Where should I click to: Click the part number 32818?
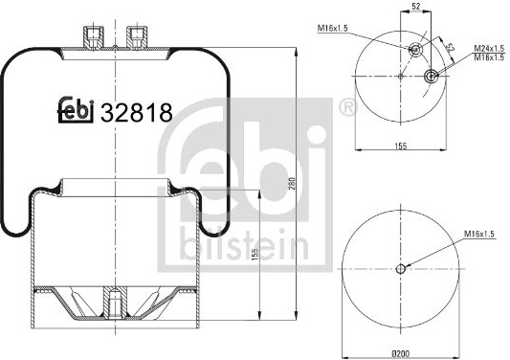(137, 113)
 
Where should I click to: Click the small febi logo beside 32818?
(76, 110)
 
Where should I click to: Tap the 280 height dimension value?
(292, 184)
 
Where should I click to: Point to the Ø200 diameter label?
(401, 353)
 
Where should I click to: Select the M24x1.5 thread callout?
(489, 49)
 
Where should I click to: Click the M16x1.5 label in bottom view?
(479, 234)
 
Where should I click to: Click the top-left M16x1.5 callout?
(332, 29)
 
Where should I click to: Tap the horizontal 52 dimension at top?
(416, 6)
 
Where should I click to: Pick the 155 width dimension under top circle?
(401, 146)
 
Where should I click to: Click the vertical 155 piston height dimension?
(255, 255)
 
